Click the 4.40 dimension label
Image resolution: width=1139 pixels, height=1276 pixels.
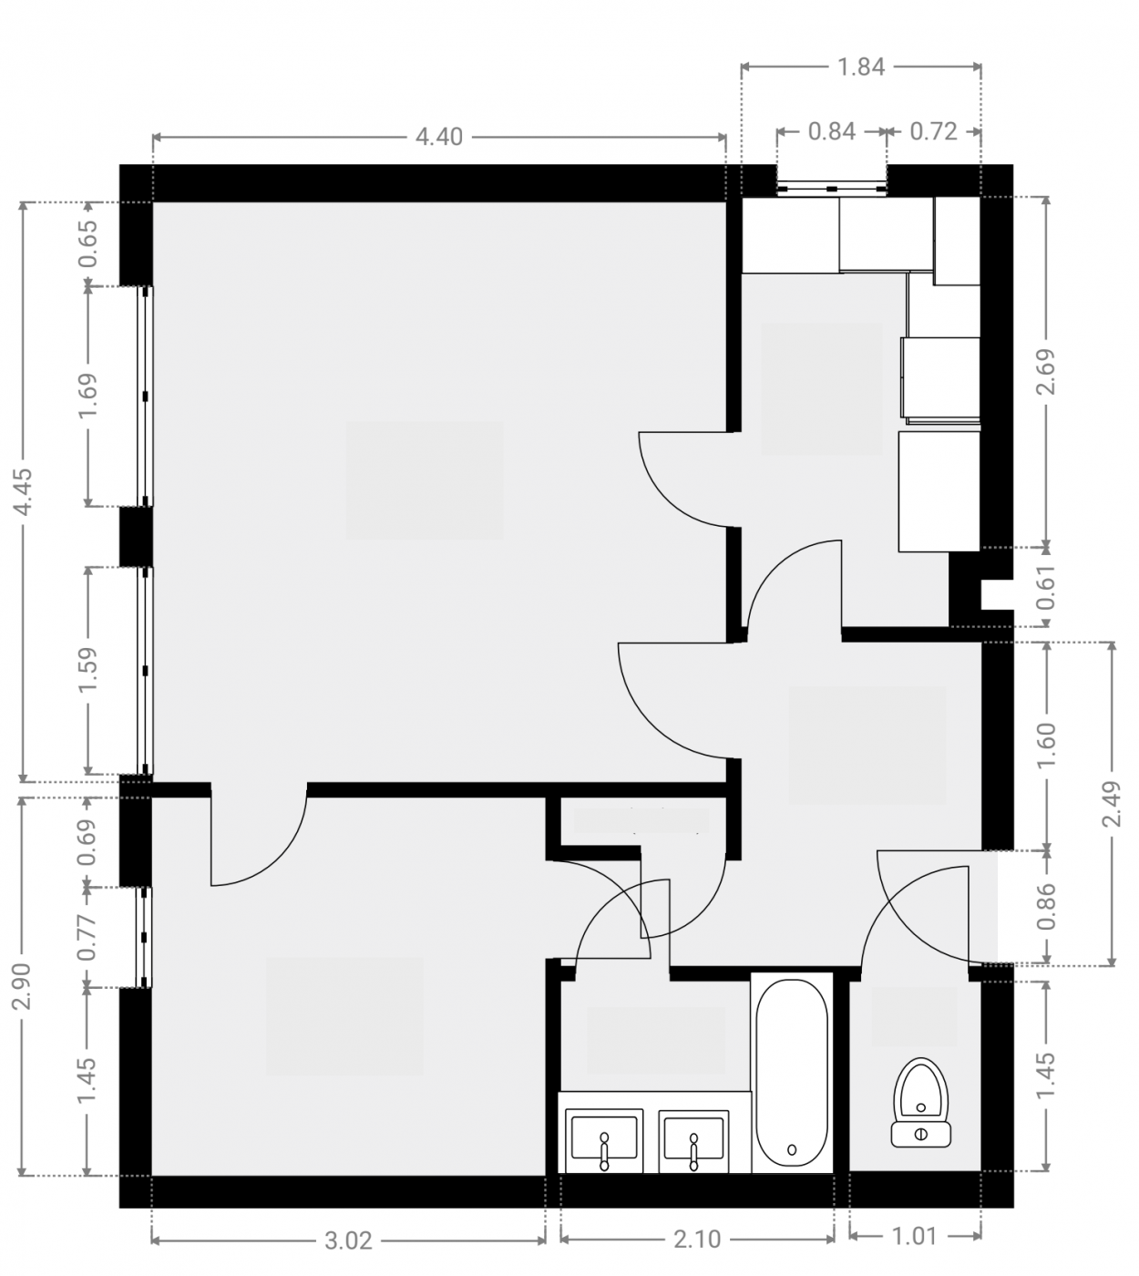tap(439, 137)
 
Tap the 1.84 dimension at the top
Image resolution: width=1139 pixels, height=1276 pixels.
tap(861, 67)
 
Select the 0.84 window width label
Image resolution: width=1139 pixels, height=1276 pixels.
tap(832, 131)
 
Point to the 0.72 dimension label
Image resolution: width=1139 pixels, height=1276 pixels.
tap(934, 131)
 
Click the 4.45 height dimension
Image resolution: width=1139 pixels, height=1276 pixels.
tap(24, 491)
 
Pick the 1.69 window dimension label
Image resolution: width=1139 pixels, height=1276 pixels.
tap(87, 396)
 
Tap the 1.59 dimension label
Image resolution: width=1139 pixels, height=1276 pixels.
tap(87, 670)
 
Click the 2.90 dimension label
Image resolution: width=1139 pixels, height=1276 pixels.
tap(24, 986)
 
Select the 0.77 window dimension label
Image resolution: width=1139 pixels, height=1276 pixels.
tap(87, 937)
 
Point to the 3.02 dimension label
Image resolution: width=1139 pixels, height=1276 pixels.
tap(348, 1241)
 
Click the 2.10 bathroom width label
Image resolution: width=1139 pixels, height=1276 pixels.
tap(697, 1240)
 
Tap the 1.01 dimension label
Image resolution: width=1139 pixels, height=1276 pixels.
tap(915, 1236)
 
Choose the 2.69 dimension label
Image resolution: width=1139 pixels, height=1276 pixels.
tap(1046, 372)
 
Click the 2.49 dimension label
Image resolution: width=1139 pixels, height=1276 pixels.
tap(1112, 804)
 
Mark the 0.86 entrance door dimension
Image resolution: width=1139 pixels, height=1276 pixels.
tap(1046, 906)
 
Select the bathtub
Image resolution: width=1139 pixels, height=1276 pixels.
tap(792, 1073)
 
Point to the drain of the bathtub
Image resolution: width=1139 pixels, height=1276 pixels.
tap(792, 1150)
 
